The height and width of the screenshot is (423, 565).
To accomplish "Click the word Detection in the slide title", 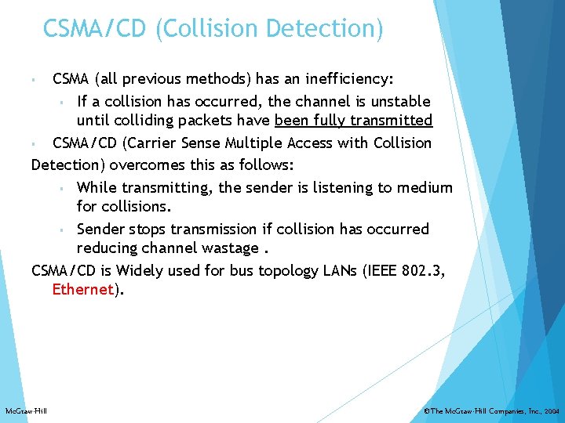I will (324, 29).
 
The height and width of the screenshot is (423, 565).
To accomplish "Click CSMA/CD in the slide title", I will (96, 29).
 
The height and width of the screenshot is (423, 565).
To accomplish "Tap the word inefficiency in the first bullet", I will (346, 79).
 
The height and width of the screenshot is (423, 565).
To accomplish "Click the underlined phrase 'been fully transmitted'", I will (353, 121).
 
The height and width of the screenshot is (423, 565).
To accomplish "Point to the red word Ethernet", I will (82, 289).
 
